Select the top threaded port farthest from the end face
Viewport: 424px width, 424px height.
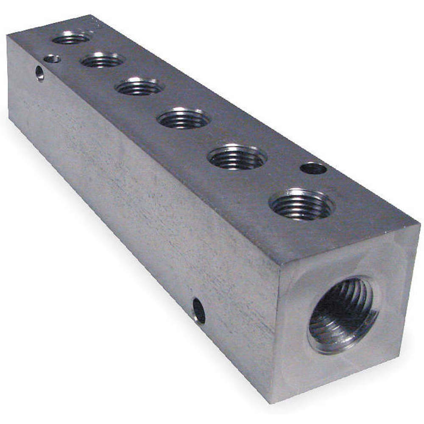pos(71,39)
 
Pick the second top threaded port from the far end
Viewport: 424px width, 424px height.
pos(102,60)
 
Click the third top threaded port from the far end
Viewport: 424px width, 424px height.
pos(139,86)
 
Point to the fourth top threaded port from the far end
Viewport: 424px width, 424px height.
pos(184,118)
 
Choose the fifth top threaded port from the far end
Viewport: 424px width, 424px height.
pos(237,157)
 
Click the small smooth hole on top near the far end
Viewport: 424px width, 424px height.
pos(52,59)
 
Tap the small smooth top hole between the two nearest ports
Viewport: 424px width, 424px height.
pos(313,168)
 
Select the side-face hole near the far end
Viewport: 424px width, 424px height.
pos(39,73)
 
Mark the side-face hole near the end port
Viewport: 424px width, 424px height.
pos(198,311)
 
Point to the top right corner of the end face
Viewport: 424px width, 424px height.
pos(419,225)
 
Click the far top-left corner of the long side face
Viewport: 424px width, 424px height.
pos(7,36)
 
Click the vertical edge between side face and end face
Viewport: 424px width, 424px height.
pos(275,335)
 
